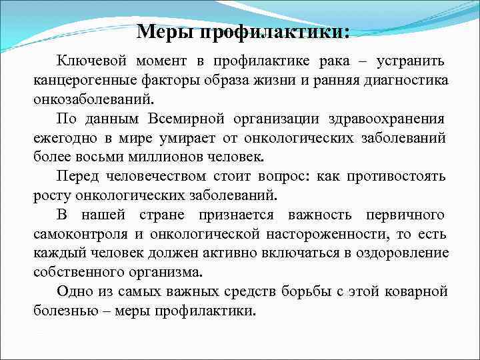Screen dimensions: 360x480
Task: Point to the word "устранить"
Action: pyautogui.click(x=411, y=62)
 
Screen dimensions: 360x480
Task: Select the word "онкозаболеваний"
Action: pyautogui.click(x=93, y=100)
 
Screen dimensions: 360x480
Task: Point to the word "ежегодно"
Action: pyautogui.click(x=61, y=139)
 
